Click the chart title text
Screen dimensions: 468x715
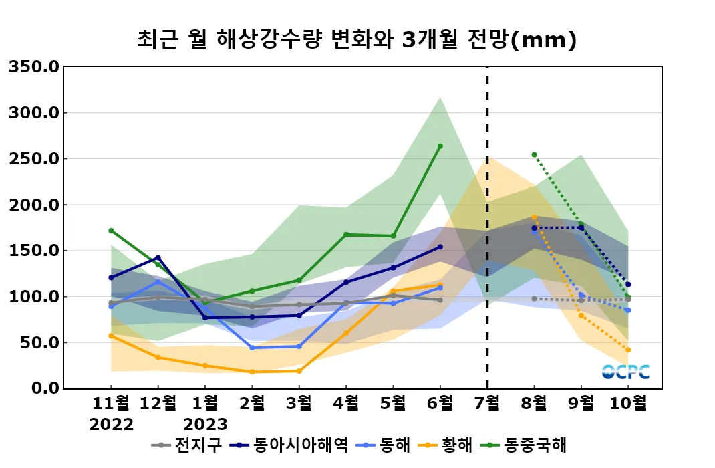[x=356, y=41]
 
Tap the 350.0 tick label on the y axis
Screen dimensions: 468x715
[x=33, y=67]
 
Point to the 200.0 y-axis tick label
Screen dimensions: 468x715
[x=33, y=205]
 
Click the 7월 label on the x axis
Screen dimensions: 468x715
[x=486, y=404]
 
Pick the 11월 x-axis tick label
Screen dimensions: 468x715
[x=111, y=404]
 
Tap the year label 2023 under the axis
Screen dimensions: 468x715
[x=205, y=424]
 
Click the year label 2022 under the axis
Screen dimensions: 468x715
[x=111, y=424]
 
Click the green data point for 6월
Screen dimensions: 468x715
[x=440, y=146]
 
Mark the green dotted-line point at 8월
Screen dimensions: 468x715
[x=534, y=155]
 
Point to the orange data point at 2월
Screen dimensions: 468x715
[x=252, y=372]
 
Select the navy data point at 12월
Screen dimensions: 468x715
[x=158, y=257]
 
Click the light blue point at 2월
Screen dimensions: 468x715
[x=252, y=348]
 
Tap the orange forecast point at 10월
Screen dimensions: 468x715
[x=628, y=350]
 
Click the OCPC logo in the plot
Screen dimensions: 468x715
[x=625, y=372]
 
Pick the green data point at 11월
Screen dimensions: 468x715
[x=111, y=231]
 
